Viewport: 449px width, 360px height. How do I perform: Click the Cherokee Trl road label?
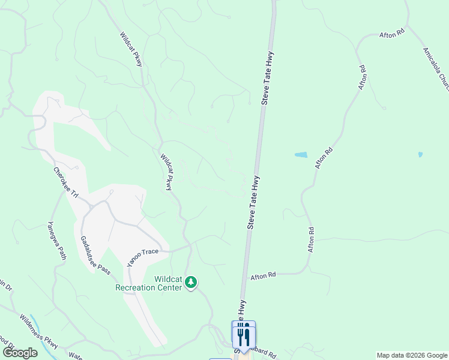coord(66,183)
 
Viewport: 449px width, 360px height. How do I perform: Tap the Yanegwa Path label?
coord(57,240)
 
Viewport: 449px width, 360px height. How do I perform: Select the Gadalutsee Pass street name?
coord(95,255)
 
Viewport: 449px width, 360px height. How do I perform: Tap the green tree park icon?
coord(191,282)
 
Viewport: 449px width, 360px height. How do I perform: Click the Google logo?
coord(20,353)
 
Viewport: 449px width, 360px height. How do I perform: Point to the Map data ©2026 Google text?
coord(412,355)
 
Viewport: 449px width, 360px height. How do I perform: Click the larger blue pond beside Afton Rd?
coord(301,155)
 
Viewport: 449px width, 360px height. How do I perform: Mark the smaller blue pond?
coord(420,154)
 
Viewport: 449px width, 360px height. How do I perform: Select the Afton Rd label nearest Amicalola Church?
coord(392,35)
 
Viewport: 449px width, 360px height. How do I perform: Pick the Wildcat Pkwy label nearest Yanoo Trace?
coord(166,172)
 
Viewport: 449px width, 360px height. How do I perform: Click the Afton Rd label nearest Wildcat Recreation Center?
coord(263,275)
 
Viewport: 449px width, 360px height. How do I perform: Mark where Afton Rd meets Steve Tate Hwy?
coord(246,274)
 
